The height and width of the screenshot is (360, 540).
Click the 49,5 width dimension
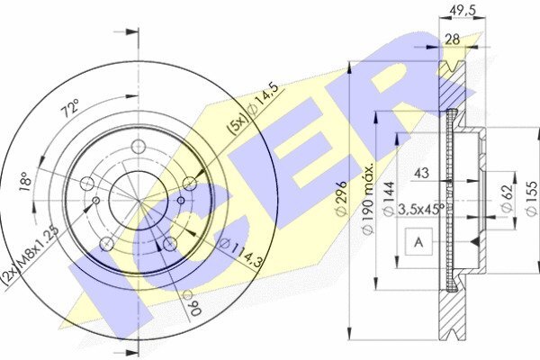click(463, 11)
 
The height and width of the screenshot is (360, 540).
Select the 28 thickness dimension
click(452, 40)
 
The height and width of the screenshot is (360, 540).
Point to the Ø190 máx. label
click(368, 199)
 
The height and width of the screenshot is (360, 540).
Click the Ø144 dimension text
click(389, 199)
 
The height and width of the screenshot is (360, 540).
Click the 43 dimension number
click(421, 173)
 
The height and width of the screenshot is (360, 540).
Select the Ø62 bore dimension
click(507, 197)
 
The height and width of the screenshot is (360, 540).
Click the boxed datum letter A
click(418, 242)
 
